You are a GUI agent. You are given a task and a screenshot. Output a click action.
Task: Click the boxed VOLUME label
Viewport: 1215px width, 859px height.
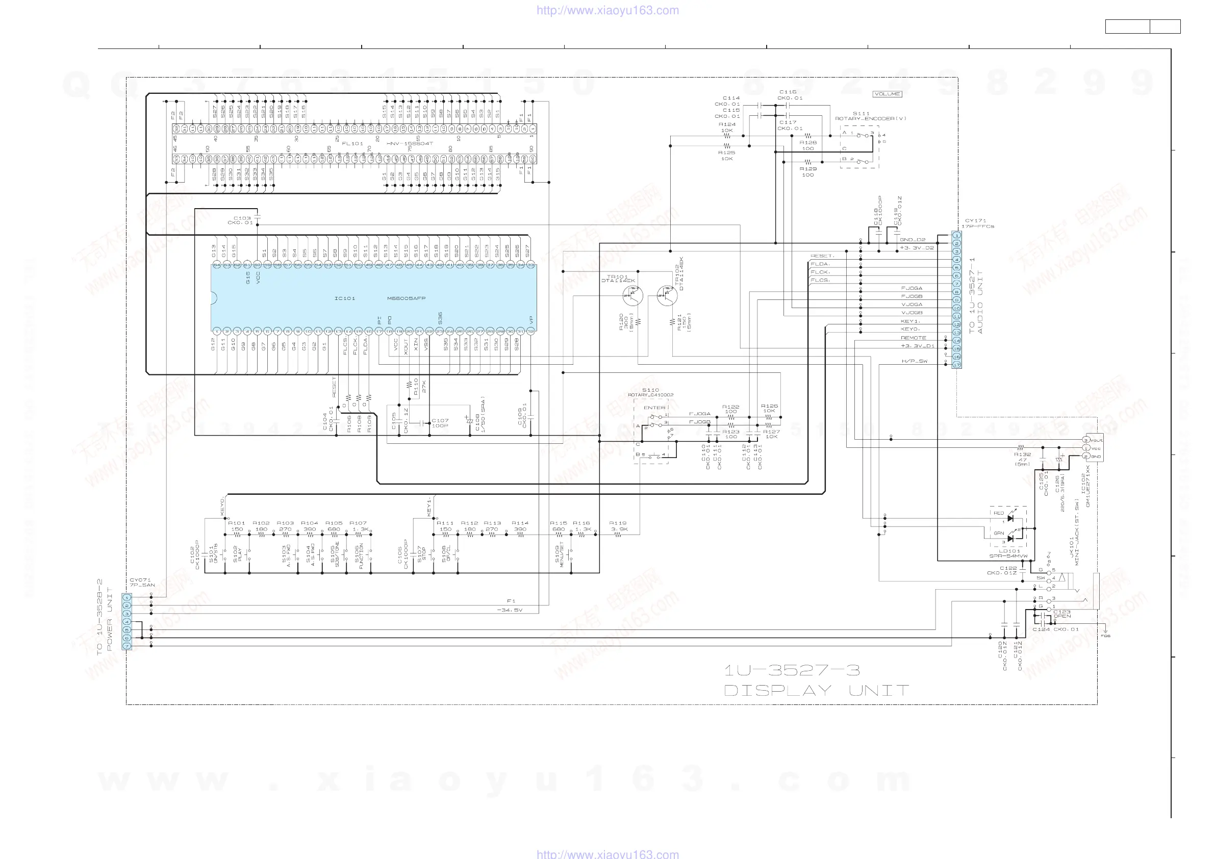[x=887, y=94]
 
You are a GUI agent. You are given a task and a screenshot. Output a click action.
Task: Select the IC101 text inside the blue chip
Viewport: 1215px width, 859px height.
[x=344, y=298]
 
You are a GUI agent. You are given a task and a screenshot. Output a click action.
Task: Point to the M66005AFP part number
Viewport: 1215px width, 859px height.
[x=406, y=298]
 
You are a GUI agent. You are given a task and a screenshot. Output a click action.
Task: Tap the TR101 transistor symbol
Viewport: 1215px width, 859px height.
[x=632, y=295]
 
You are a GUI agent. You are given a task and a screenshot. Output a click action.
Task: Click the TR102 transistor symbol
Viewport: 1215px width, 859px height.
[x=667, y=295]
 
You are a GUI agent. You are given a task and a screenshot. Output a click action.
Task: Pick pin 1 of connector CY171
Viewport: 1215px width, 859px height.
[x=956, y=235]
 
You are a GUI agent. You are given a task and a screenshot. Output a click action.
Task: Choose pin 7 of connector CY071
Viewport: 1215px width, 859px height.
[x=127, y=646]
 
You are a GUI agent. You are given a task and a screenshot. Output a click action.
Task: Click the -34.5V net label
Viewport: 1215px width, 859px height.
[x=510, y=610]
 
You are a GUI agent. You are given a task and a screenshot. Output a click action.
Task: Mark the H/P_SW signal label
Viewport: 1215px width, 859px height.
[x=915, y=362]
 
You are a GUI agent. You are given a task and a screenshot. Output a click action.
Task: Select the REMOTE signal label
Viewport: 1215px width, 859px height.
[x=914, y=338]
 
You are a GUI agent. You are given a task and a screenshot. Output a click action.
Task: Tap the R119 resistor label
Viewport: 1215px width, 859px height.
[x=618, y=523]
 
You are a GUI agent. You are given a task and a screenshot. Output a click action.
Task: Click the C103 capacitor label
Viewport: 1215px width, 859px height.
[x=242, y=218]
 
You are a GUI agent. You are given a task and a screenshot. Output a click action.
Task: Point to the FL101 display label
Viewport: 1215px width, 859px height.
[x=352, y=143]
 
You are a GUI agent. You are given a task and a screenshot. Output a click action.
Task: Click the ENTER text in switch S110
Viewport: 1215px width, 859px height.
[x=654, y=408]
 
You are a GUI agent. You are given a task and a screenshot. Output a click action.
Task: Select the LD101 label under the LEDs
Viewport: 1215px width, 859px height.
[x=1009, y=551]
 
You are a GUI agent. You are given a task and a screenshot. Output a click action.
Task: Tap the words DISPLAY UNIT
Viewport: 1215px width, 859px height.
[x=816, y=691]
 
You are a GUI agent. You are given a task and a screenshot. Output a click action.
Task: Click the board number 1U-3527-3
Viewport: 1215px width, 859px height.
[x=792, y=671]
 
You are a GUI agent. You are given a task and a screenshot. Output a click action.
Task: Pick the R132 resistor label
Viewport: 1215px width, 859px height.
[x=1022, y=454]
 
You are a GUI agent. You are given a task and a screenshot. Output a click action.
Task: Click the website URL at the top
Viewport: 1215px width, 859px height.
[x=607, y=10]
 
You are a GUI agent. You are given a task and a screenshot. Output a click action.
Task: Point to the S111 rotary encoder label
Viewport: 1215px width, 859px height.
[x=861, y=113]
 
